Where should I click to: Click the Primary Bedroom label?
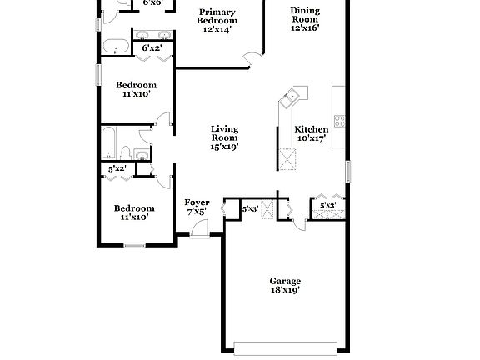217,14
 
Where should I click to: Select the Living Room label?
224,133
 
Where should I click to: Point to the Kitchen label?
312,129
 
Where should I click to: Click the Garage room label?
285,281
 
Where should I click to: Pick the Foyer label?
197,202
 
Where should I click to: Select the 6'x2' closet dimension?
151,48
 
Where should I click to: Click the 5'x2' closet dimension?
118,169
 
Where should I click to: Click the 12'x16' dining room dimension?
305,27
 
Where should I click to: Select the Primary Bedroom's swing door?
251,57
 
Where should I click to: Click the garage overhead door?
287,347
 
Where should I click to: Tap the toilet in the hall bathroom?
123,152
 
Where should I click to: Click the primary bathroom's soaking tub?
114,44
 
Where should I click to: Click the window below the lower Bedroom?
134,244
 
